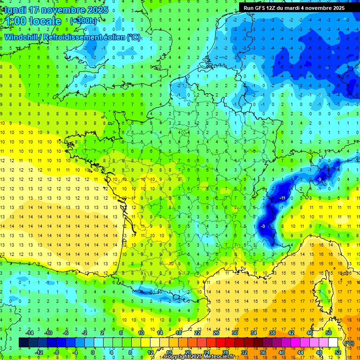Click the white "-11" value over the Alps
[282, 199]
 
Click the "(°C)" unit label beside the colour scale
[349, 343]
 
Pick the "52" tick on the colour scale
[338, 352]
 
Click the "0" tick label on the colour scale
[93, 352]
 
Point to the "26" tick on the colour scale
[216, 333]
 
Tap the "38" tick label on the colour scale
[272, 333]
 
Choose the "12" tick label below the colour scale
[150, 352]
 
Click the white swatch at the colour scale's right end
[333, 343]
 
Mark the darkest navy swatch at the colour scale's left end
[23, 343]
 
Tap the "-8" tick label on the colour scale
[56, 352]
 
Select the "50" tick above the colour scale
[329, 333]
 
